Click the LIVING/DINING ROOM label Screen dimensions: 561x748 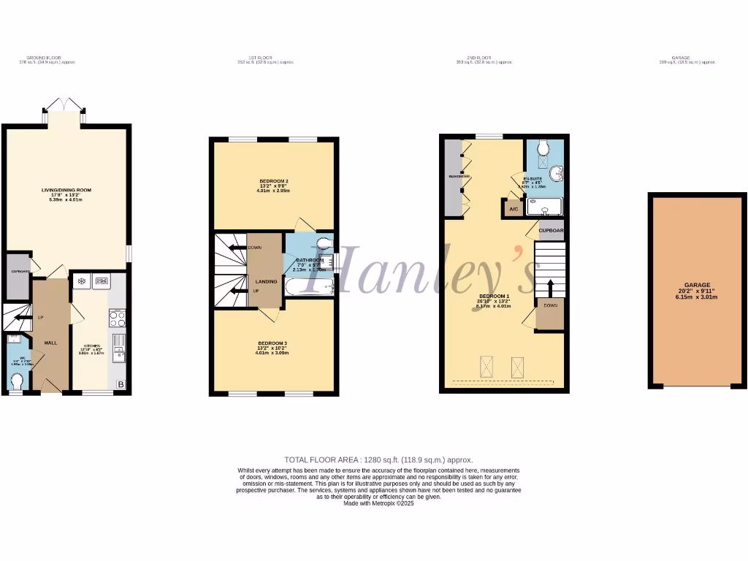click(x=66, y=190)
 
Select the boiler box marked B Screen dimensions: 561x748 click(x=121, y=385)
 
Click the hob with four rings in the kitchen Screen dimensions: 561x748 click(x=117, y=318)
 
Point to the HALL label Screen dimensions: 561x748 click(x=50, y=343)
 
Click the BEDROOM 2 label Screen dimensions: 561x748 click(x=274, y=181)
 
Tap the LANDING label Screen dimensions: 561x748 click(x=266, y=280)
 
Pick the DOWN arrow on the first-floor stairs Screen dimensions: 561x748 click(x=237, y=248)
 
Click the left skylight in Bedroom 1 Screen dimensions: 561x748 click(x=487, y=366)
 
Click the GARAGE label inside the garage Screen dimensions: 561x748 click(x=697, y=285)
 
